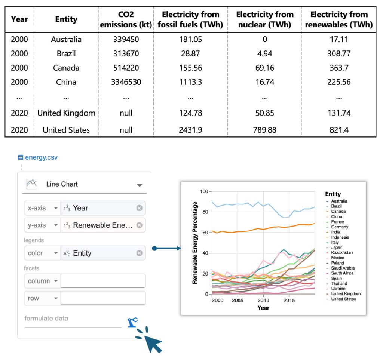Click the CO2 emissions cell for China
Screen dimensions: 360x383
tap(126, 82)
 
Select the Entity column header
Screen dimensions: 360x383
tap(66, 19)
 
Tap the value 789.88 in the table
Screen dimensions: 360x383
tap(264, 130)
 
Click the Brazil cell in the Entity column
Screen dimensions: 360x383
tap(66, 53)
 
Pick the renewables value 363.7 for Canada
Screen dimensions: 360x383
tap(338, 68)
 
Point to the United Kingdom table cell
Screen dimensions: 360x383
tap(66, 113)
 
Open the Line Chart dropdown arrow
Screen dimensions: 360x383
tap(139, 185)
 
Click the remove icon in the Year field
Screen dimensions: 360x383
tap(139, 208)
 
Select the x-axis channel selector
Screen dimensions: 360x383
tap(42, 208)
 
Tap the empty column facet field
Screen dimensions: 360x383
tap(103, 281)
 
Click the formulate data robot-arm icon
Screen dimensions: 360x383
tap(132, 322)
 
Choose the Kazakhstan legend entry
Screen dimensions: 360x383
tap(341, 253)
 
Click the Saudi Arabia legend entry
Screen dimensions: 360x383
tap(343, 268)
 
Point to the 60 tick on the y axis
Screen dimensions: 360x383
tap(204, 233)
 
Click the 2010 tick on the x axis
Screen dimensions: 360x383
tap(263, 301)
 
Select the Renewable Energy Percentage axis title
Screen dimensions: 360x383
tap(195, 243)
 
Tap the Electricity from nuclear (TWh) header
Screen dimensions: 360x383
tap(264, 19)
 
